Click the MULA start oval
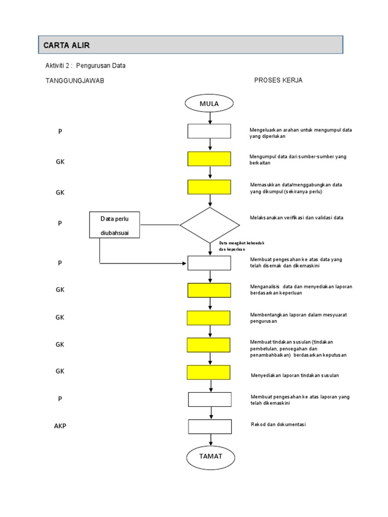click(210, 104)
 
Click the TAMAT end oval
click(211, 456)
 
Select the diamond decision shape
click(210, 225)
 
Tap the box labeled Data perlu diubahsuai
click(115, 225)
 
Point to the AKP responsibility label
click(60, 426)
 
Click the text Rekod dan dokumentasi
click(278, 425)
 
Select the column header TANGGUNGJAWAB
click(75, 81)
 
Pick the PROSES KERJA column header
click(278, 80)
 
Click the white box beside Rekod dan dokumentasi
click(210, 427)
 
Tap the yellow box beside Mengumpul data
click(209, 159)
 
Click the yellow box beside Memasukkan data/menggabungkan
click(209, 187)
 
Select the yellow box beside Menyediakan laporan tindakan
click(209, 373)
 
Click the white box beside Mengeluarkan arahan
click(209, 131)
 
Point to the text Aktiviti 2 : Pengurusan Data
click(85, 66)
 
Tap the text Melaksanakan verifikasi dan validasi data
click(297, 218)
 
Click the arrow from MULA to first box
click(210, 118)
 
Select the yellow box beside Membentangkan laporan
click(209, 318)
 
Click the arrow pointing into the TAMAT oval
click(210, 439)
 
